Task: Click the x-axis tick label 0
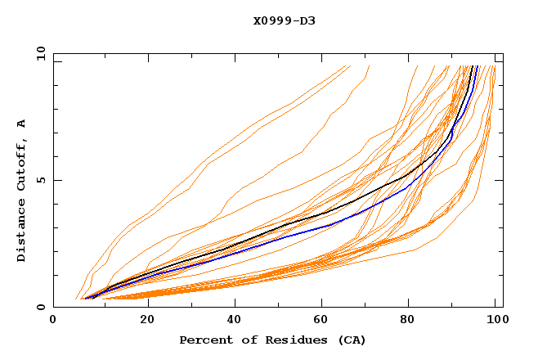click(53, 322)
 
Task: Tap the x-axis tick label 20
click(147, 322)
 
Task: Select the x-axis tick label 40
click(235, 322)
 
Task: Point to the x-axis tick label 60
click(324, 322)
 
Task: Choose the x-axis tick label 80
click(412, 322)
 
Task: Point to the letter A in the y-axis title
click(22, 124)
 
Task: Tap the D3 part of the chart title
click(307, 20)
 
